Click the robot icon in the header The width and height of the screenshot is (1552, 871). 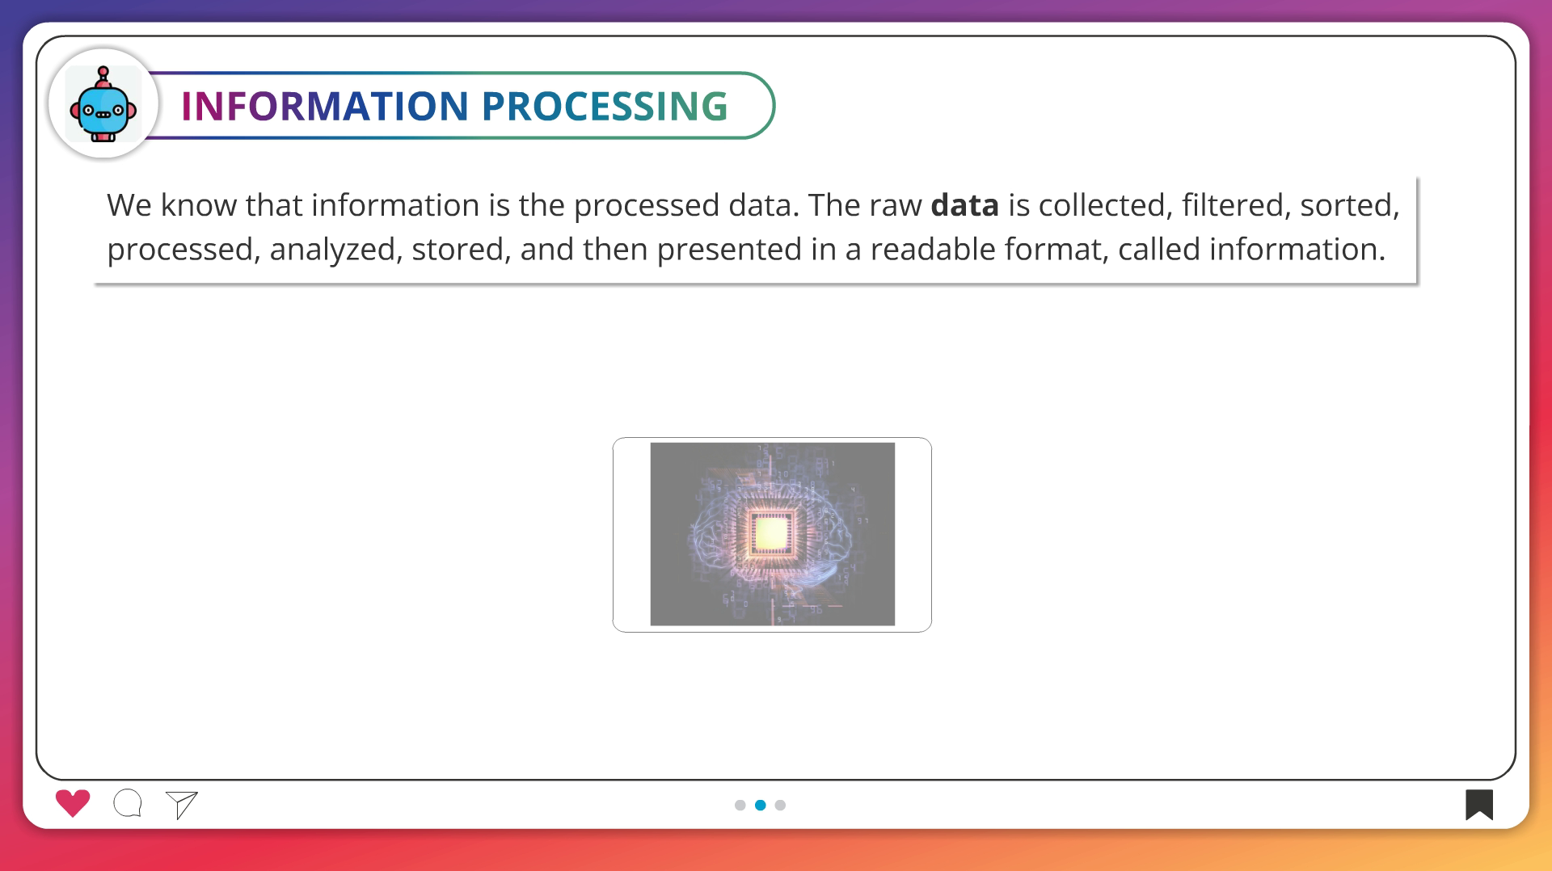point(103,104)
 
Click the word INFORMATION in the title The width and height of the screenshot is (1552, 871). point(325,106)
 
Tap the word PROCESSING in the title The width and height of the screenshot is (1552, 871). point(605,106)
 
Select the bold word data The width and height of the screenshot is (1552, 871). point(964,205)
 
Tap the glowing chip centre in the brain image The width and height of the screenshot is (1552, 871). point(770,532)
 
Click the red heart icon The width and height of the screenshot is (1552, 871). point(73,802)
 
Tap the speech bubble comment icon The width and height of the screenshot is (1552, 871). point(128,803)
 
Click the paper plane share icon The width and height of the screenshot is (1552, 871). point(182,804)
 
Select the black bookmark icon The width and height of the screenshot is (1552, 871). point(1479,804)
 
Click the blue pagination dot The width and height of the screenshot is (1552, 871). point(760,805)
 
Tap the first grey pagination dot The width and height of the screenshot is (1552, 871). point(740,805)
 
